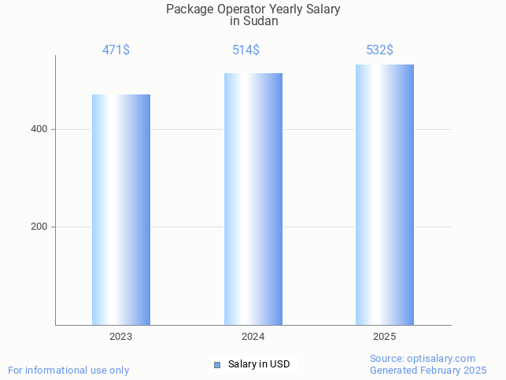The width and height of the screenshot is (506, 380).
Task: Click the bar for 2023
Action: point(121,209)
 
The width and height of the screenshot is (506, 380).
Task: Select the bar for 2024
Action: point(253,199)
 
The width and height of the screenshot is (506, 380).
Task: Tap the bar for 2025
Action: point(384,194)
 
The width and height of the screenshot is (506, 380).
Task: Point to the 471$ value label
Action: point(116,50)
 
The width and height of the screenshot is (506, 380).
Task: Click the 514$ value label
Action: point(246,50)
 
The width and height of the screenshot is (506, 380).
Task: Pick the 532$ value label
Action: point(379,50)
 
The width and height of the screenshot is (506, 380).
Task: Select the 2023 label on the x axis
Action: point(120,336)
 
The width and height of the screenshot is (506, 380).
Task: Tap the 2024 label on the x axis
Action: point(253,336)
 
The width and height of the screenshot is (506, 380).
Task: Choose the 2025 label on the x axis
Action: point(384,336)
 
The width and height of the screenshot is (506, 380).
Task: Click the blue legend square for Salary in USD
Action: point(217,364)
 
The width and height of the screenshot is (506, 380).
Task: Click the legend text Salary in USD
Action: point(259,364)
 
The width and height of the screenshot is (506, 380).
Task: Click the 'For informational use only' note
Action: point(68,370)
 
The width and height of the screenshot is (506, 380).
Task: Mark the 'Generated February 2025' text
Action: point(428,370)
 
